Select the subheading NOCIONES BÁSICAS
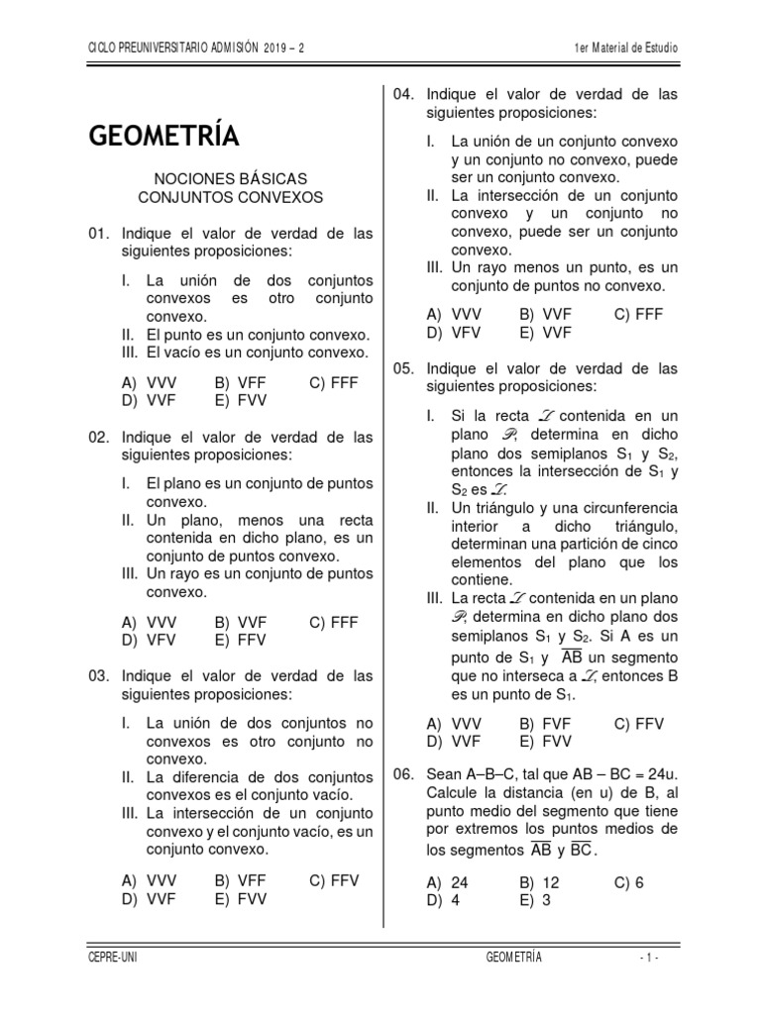pyautogui.click(x=230, y=179)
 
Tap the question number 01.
pyautogui.click(x=98, y=235)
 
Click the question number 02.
pyautogui.click(x=98, y=437)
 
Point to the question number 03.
pyautogui.click(x=98, y=676)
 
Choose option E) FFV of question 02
pyautogui.click(x=240, y=641)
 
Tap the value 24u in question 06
pyautogui.click(x=658, y=773)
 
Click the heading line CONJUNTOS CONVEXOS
pyautogui.click(x=230, y=198)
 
